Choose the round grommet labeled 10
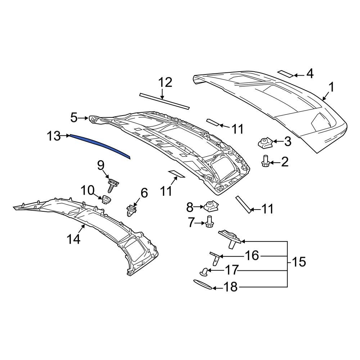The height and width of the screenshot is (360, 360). coord(106,199)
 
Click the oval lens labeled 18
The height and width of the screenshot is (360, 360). coord(203,284)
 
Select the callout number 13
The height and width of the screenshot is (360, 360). coord(54,136)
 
